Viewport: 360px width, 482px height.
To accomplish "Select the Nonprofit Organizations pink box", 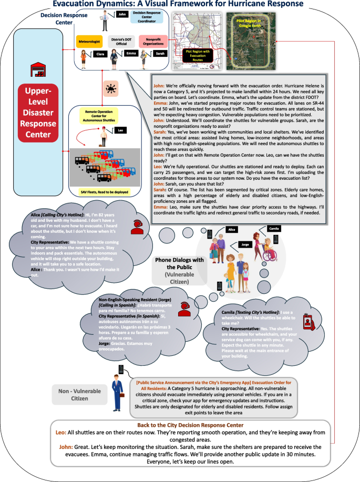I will [x=153, y=41].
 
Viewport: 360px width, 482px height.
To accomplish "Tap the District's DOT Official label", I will [x=122, y=41].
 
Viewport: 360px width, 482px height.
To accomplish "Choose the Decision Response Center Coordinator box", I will [x=146, y=17].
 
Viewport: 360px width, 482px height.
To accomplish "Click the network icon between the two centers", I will [x=111, y=87].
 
